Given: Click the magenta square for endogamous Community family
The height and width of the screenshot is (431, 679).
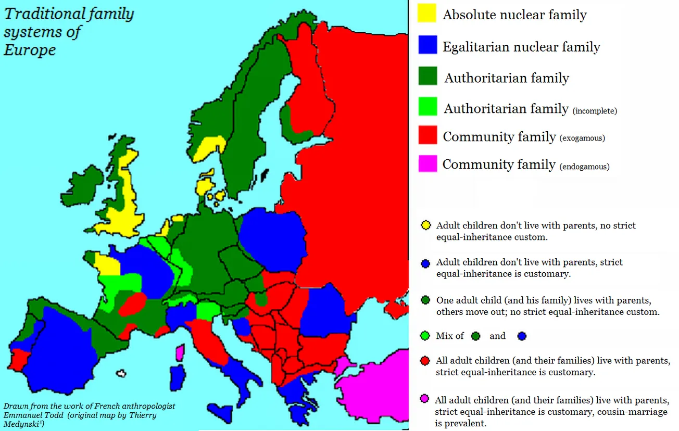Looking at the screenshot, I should [x=427, y=163].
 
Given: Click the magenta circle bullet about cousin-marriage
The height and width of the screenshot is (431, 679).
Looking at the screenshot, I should [x=425, y=399].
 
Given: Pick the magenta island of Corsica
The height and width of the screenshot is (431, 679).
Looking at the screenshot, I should [x=180, y=353].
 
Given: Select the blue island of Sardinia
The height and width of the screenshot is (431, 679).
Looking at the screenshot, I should [x=178, y=379].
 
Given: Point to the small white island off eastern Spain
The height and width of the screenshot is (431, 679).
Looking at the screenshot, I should [x=122, y=373].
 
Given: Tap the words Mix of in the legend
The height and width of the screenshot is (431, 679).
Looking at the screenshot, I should [x=450, y=336].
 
